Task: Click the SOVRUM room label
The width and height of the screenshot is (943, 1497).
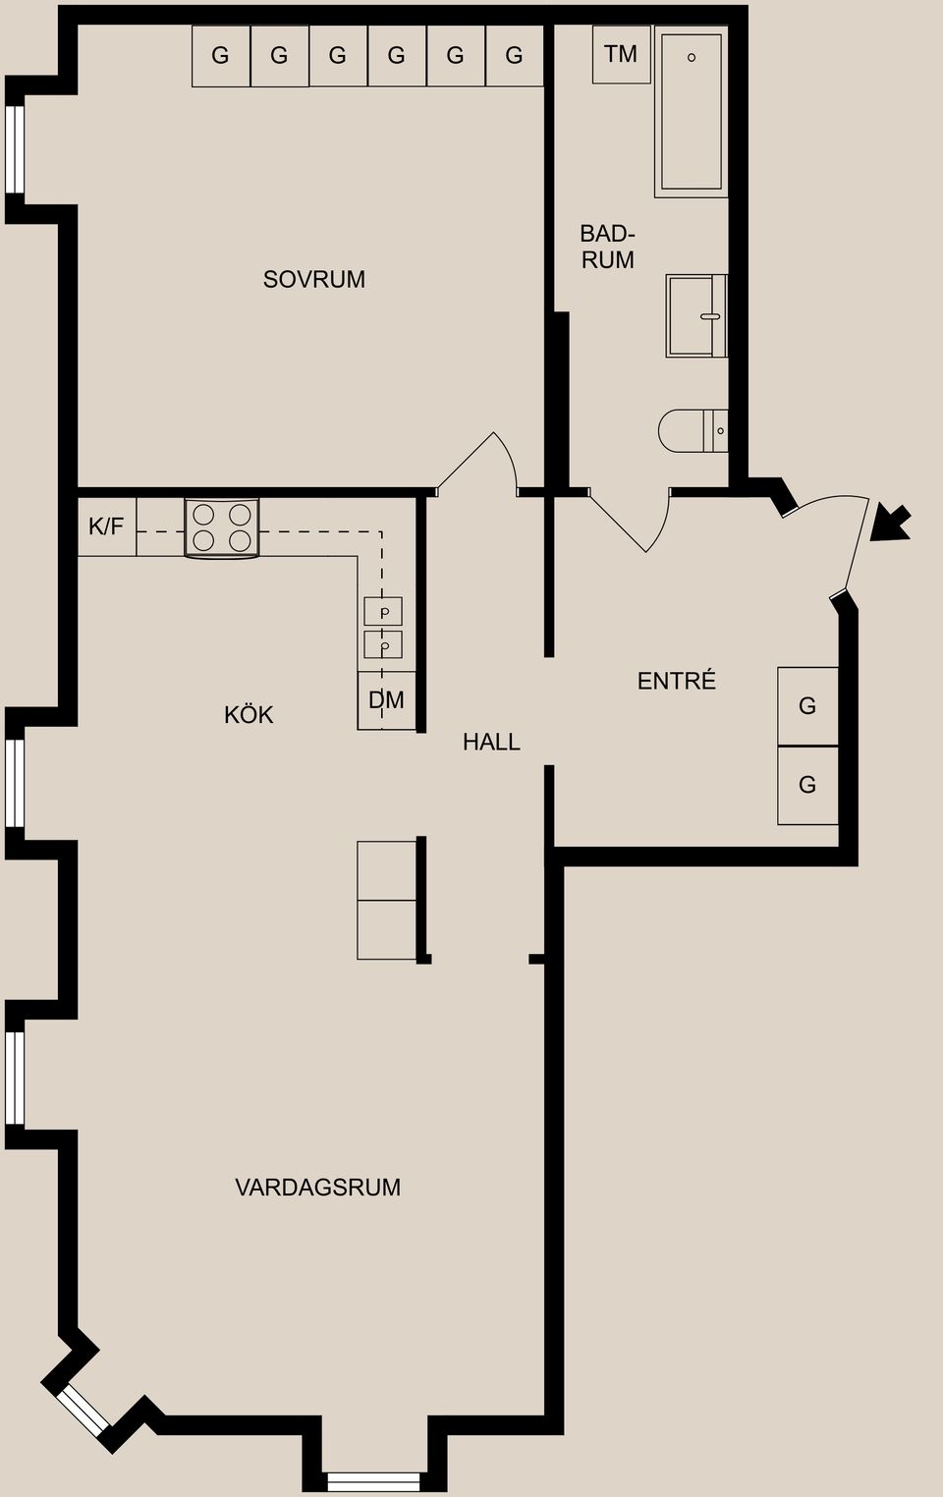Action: click(x=314, y=280)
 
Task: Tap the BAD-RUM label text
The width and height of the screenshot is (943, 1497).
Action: click(x=607, y=247)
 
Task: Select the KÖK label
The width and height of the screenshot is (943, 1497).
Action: click(x=249, y=715)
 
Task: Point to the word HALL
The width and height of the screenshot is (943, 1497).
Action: click(x=491, y=743)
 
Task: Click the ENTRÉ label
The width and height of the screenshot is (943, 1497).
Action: click(x=676, y=681)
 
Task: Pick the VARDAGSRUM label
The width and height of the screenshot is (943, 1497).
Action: click(x=317, y=1188)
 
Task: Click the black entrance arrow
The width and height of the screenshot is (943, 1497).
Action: click(x=891, y=523)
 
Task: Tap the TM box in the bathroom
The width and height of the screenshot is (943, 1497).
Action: click(x=621, y=55)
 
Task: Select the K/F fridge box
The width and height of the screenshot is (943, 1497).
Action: click(x=106, y=527)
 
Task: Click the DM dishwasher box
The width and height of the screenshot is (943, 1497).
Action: click(x=387, y=700)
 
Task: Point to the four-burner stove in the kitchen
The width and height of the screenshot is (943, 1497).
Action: click(x=222, y=527)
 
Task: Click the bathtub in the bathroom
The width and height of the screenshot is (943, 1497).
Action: click(x=692, y=111)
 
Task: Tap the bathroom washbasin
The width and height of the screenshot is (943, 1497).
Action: click(x=695, y=316)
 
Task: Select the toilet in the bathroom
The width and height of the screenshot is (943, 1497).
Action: click(x=693, y=430)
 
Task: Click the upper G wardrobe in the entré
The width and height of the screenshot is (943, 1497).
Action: click(x=807, y=706)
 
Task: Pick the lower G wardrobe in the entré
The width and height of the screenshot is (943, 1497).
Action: click(x=807, y=785)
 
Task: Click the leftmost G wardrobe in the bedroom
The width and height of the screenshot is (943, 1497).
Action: click(x=221, y=56)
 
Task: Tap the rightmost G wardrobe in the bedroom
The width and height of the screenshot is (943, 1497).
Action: click(x=515, y=56)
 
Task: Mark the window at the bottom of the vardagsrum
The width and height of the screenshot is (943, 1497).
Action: click(x=373, y=1480)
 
